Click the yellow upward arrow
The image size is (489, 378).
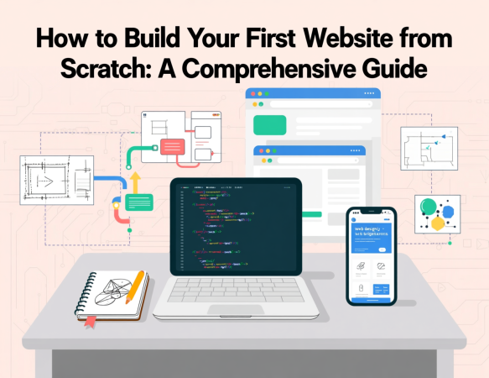pyautogui.click(x=134, y=181)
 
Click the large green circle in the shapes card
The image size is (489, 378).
pyautogui.click(x=429, y=207)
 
